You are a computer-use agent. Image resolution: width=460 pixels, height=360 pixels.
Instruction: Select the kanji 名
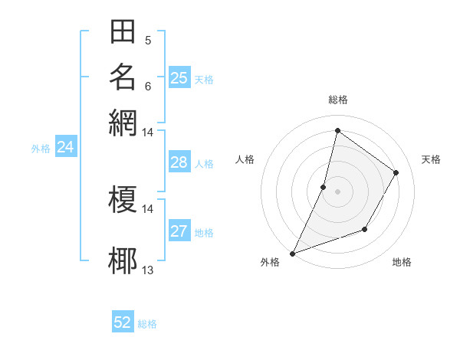(123, 77)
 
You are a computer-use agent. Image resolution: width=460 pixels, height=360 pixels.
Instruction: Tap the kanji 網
(123, 121)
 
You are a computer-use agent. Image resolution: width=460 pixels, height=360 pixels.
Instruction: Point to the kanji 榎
(123, 201)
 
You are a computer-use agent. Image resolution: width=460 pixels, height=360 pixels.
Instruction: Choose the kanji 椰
(123, 260)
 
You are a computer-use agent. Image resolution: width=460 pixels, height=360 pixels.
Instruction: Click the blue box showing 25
(179, 77)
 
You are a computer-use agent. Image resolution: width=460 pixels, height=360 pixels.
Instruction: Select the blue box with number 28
(179, 162)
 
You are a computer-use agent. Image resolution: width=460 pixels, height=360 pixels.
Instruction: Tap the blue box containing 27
(179, 231)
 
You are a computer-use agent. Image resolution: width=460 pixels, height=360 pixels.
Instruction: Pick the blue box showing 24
(66, 147)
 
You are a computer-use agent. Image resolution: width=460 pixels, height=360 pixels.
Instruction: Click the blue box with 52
(123, 322)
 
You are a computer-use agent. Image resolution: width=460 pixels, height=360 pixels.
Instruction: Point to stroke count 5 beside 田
(148, 40)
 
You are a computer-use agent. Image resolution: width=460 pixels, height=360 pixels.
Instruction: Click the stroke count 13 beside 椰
(148, 270)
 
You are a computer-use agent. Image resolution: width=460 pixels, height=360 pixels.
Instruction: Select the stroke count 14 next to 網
(148, 133)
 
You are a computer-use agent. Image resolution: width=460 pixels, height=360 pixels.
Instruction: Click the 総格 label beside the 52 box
(147, 324)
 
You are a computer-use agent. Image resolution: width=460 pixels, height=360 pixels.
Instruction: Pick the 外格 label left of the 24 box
(41, 149)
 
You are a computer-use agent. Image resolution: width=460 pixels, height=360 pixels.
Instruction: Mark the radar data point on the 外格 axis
(293, 253)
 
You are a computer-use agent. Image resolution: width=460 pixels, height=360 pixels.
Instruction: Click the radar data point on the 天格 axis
(396, 172)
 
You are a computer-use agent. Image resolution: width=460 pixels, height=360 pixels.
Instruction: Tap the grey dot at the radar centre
(337, 191)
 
